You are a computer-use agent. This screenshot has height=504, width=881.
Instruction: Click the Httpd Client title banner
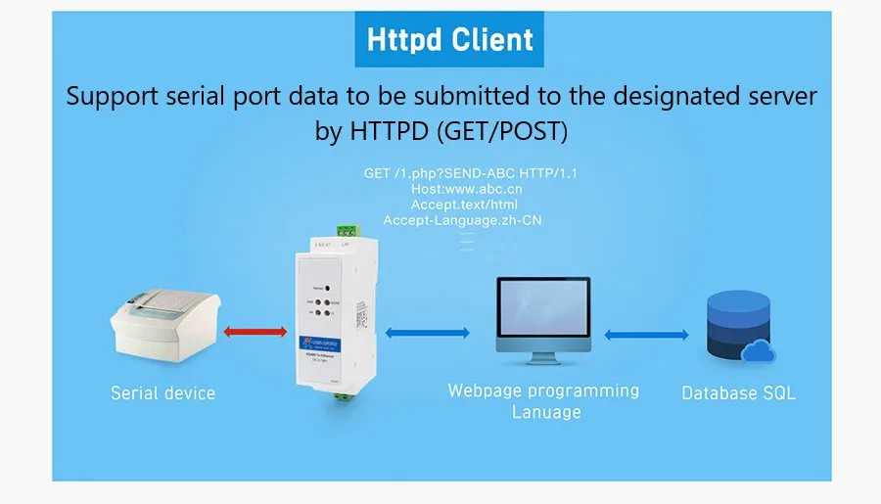click(449, 40)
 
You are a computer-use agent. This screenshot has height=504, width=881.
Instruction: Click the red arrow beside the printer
click(255, 332)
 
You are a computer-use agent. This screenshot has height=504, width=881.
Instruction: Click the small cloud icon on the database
click(760, 349)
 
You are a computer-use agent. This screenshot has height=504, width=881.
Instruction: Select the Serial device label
click(162, 393)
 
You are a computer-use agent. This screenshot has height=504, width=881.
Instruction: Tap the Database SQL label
click(738, 393)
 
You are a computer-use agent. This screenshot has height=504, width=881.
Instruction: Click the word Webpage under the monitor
click(485, 390)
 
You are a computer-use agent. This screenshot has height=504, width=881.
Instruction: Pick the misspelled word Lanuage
click(546, 412)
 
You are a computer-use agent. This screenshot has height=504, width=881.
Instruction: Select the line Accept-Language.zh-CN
click(462, 220)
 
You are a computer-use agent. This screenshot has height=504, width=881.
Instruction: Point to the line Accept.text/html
click(464, 205)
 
